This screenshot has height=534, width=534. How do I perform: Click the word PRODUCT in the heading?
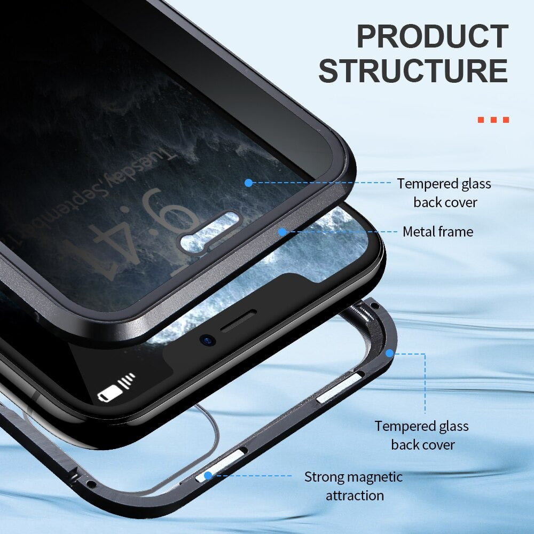(431, 37)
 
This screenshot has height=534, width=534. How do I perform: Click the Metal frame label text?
(437, 232)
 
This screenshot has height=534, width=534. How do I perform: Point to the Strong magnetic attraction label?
(354, 486)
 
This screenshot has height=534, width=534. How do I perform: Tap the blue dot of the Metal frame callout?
(282, 232)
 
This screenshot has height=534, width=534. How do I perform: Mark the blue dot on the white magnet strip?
(207, 475)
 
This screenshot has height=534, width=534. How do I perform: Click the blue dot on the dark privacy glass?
(248, 183)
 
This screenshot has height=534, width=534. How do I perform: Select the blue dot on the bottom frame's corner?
(390, 353)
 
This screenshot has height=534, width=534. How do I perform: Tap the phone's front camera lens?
(205, 339)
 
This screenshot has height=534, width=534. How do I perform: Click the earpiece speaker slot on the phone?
(238, 320)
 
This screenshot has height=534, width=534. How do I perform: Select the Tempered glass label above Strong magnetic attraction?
(421, 435)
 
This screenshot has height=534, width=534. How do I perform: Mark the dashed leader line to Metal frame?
(342, 232)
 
